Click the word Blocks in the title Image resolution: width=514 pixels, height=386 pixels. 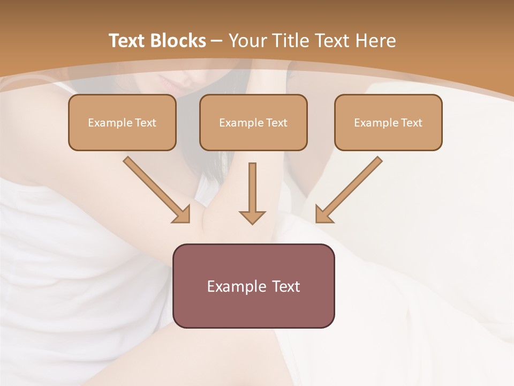tap(178, 41)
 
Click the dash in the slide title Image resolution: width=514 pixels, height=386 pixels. tap(217, 41)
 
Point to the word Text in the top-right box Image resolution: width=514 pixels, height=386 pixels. tap(411, 123)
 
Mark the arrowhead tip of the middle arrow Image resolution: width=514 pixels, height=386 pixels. tap(252, 223)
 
